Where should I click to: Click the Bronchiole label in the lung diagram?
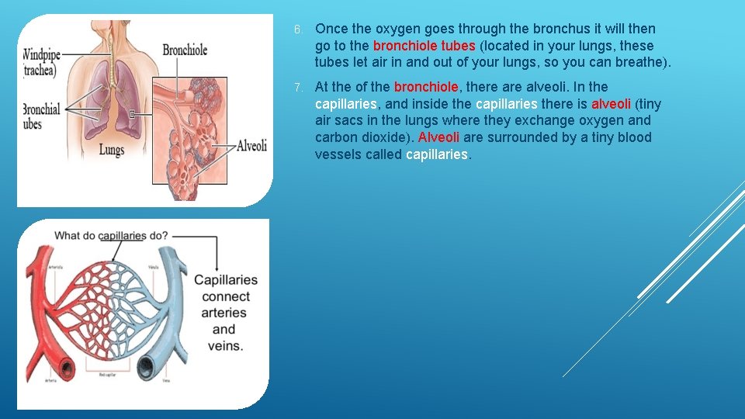pyautogui.click(x=185, y=50)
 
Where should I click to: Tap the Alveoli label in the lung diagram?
pyautogui.click(x=251, y=145)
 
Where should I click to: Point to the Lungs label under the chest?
pyautogui.click(x=111, y=150)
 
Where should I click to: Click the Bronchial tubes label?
pyautogui.click(x=41, y=116)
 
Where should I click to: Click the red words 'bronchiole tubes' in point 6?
pyautogui.click(x=424, y=46)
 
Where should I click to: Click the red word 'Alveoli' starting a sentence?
pyautogui.click(x=438, y=137)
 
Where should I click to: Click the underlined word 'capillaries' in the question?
pyautogui.click(x=122, y=236)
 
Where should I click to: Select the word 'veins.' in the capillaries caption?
pyautogui.click(x=224, y=346)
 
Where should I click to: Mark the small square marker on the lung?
pyautogui.click(x=133, y=114)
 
